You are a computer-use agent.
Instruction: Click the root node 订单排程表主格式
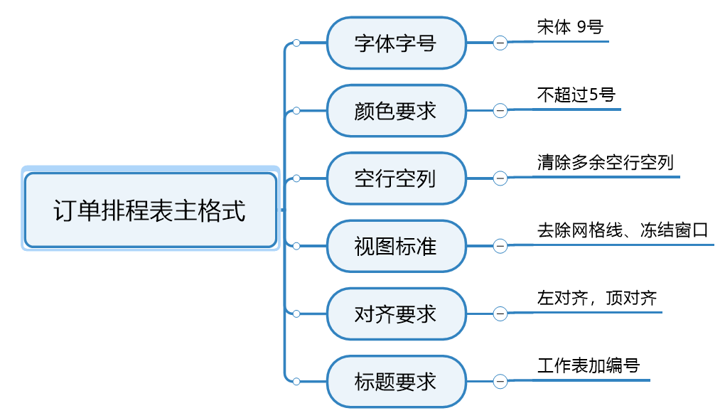(x=150, y=210)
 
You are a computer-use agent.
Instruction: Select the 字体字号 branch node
(x=396, y=43)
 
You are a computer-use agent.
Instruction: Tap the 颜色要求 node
(x=396, y=111)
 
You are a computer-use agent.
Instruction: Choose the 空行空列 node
(x=396, y=178)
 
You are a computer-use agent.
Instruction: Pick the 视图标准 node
(x=396, y=246)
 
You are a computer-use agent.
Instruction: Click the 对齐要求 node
(x=396, y=313)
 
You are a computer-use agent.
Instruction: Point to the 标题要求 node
(x=396, y=382)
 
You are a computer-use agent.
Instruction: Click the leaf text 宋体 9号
(x=570, y=28)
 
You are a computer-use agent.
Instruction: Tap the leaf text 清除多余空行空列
(x=605, y=163)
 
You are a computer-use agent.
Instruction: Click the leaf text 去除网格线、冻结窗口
(x=623, y=230)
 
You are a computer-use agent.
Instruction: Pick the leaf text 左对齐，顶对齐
(x=597, y=299)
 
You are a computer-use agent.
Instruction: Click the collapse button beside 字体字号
(x=500, y=43)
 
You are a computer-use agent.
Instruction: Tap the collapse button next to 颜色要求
(x=500, y=111)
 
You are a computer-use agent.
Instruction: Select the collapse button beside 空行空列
(x=500, y=178)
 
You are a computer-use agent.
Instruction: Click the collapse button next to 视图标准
(x=500, y=246)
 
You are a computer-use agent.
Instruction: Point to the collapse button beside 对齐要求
(x=500, y=313)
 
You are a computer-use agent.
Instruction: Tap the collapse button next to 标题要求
(x=500, y=382)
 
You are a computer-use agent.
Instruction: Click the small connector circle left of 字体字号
(x=296, y=43)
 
